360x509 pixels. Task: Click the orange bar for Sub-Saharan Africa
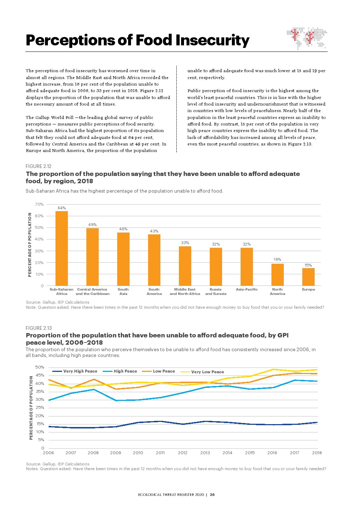point(62,248)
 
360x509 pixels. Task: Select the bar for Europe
point(308,277)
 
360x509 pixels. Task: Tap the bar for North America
point(277,275)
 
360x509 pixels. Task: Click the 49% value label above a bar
point(93,225)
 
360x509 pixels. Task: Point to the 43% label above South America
point(154,231)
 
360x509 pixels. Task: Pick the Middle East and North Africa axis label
point(185,292)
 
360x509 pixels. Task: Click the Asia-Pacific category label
point(247,290)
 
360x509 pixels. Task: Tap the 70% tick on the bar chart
point(39,205)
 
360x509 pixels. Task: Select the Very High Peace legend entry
point(75,371)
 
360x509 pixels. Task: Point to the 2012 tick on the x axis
point(183,453)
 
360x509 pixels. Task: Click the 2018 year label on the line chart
point(317,453)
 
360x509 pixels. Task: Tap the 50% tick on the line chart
point(40,368)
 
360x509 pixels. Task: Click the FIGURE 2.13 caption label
point(39,328)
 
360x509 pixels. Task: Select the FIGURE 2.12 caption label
point(39,166)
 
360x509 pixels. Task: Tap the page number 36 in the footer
point(212,494)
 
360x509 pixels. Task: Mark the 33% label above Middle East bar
point(185,243)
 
